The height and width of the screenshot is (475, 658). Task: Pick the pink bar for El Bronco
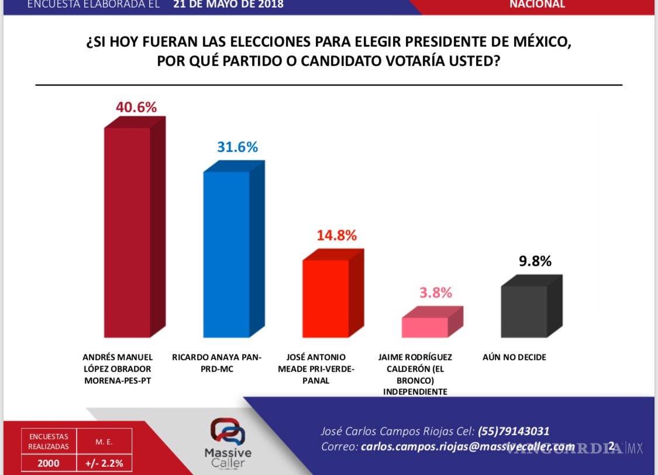(425, 327)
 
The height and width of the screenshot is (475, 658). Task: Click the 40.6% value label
(136, 108)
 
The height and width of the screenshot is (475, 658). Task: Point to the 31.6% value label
(237, 147)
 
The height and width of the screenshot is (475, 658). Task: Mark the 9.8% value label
(535, 261)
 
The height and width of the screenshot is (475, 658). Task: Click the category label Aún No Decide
(514, 357)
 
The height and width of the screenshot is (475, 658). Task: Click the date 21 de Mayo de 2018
(228, 5)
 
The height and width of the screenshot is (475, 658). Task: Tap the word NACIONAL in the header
(537, 5)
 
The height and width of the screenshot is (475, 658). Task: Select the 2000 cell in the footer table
(49, 464)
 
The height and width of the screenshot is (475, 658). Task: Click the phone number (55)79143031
(514, 431)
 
